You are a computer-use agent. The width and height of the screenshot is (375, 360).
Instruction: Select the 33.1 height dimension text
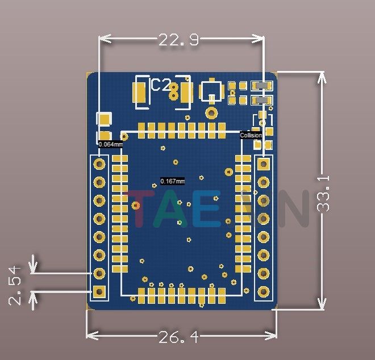tap(324, 194)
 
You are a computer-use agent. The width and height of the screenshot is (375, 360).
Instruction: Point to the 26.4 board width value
tap(178, 337)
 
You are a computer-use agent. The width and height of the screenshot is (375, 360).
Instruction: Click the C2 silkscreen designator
tap(160, 85)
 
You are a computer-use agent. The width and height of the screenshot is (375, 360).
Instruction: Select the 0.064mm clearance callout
tap(110, 144)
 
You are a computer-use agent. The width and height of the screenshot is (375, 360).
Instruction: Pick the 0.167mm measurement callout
tap(172, 181)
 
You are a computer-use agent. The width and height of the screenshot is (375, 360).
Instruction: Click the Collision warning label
tap(251, 135)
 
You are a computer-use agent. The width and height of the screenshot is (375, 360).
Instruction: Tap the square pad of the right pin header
tap(263, 164)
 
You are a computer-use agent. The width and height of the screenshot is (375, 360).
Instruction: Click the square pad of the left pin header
tap(100, 292)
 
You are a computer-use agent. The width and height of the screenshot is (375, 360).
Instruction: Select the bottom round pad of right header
tap(263, 292)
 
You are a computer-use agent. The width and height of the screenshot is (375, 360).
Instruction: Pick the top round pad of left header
tap(100, 164)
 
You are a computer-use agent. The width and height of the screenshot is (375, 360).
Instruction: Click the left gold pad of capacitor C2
tap(139, 94)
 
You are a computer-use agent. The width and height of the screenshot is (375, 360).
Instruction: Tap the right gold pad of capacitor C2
tap(184, 94)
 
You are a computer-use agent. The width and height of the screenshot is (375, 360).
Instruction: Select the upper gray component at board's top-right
tap(261, 85)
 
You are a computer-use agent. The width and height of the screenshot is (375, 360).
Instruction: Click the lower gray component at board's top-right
tap(261, 101)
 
